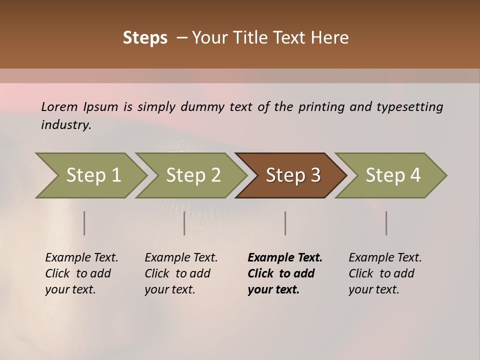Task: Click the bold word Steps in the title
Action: click(x=145, y=38)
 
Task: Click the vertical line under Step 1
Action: click(x=84, y=223)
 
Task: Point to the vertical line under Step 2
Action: click(x=184, y=223)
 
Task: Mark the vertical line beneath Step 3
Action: click(x=285, y=223)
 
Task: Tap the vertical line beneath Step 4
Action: click(x=386, y=223)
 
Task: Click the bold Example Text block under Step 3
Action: click(x=285, y=273)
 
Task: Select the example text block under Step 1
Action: click(x=81, y=273)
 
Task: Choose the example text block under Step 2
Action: click(x=181, y=273)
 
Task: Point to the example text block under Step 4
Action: click(x=385, y=273)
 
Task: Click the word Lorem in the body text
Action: click(x=59, y=106)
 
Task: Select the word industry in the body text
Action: click(x=66, y=125)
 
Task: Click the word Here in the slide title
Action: click(x=330, y=38)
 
